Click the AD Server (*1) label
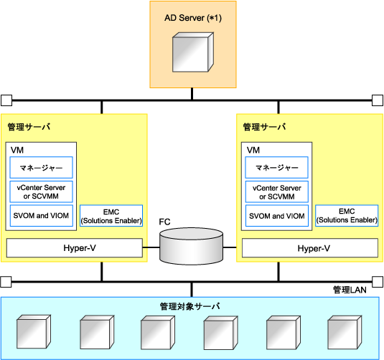[x=193, y=18]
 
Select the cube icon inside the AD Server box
[x=193, y=52]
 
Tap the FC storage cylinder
[x=191, y=246]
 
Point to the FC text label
[x=164, y=222]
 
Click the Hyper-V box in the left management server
[x=75, y=248]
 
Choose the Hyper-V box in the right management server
[x=310, y=248]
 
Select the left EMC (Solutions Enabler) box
[x=111, y=216]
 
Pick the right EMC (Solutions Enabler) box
[x=347, y=216]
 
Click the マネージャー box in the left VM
[x=42, y=168]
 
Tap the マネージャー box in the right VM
[x=277, y=168]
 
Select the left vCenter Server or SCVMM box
[x=42, y=191]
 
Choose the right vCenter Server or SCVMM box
[x=277, y=191]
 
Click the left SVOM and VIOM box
[x=42, y=216]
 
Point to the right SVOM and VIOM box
[x=277, y=216]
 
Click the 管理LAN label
[x=350, y=290]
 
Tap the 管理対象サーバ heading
[x=189, y=306]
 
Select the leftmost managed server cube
[x=34, y=331]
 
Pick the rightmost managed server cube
[x=345, y=332]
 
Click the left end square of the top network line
[x=6, y=100]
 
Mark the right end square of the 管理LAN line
[x=378, y=282]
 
